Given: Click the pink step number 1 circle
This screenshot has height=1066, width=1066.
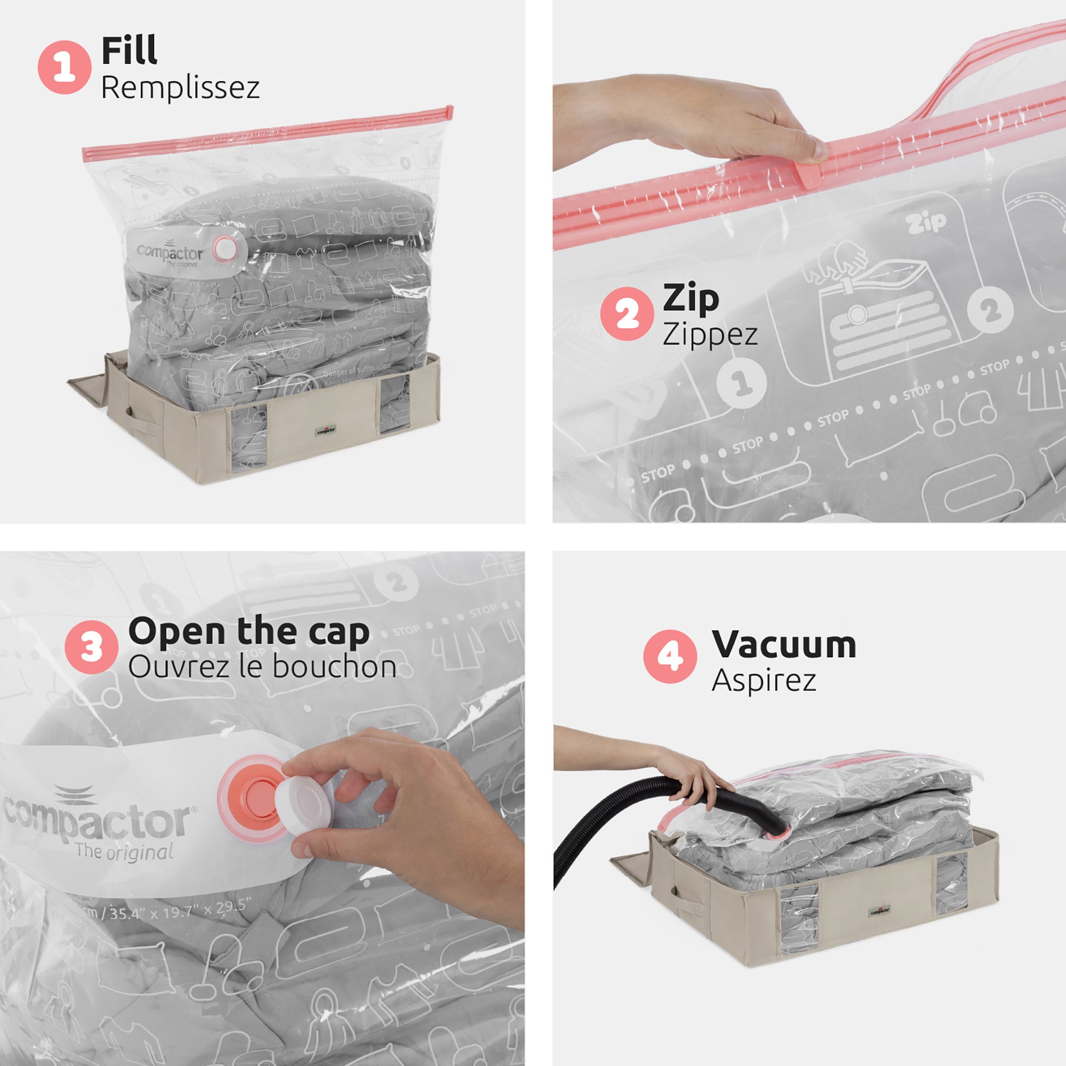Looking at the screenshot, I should coord(64,67).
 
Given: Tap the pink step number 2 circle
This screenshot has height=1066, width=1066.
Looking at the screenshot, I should coord(627,313).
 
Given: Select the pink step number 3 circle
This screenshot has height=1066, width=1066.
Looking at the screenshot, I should coord(91,646).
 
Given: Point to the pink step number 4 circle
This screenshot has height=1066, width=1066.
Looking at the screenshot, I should coord(670,657).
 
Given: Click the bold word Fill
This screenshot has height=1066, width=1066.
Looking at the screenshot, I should coord(129,51).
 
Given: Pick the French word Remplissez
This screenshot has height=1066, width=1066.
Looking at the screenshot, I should coord(180,88).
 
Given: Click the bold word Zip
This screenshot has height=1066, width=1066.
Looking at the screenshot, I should coord(691,298).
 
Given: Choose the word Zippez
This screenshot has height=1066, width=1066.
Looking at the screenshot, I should coord(710,335).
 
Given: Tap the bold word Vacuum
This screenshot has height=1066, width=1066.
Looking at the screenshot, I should coord(784,644).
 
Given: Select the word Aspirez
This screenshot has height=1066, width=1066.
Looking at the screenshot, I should coord(764,680).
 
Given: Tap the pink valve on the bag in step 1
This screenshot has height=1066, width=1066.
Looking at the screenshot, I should coord(223,248).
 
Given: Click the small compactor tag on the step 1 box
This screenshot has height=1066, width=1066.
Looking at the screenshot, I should coord(326,430).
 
